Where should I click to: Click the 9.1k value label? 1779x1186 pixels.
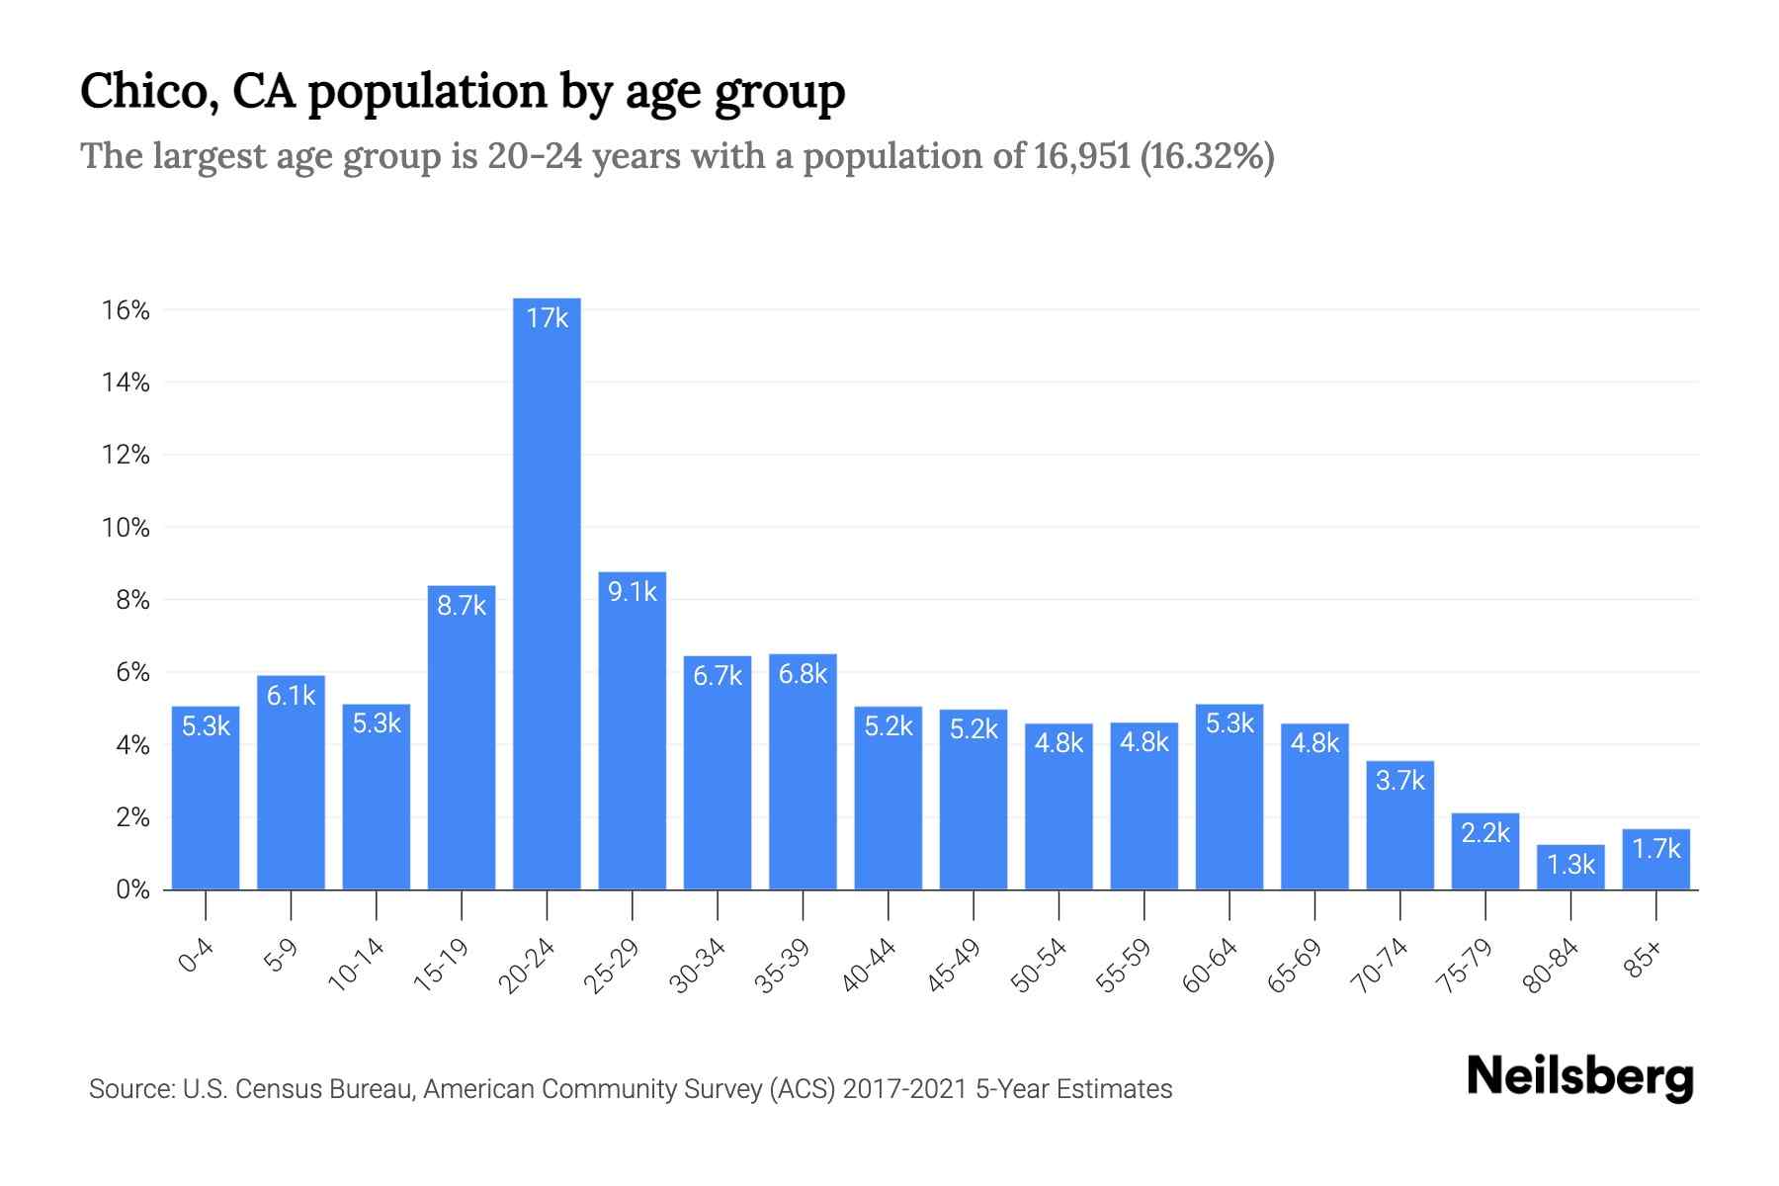tap(633, 592)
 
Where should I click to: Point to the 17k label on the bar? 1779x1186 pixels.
tap(547, 318)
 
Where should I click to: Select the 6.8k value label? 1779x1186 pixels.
tap(803, 674)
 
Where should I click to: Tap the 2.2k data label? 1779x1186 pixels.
tap(1485, 833)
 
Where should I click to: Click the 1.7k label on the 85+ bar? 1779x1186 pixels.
tap(1656, 849)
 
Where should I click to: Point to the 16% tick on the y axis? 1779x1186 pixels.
tap(126, 310)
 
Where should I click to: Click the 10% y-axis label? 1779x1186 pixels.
tap(126, 528)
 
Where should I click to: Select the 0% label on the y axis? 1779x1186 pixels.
tap(132, 889)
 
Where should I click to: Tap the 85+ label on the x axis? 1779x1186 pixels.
tap(1644, 961)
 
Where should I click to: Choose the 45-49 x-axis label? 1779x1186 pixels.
tap(955, 966)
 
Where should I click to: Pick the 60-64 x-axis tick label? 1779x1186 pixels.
tap(1211, 966)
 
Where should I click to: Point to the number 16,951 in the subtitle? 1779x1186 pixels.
tap(1082, 156)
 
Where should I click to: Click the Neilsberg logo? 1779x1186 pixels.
tap(1579, 1077)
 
